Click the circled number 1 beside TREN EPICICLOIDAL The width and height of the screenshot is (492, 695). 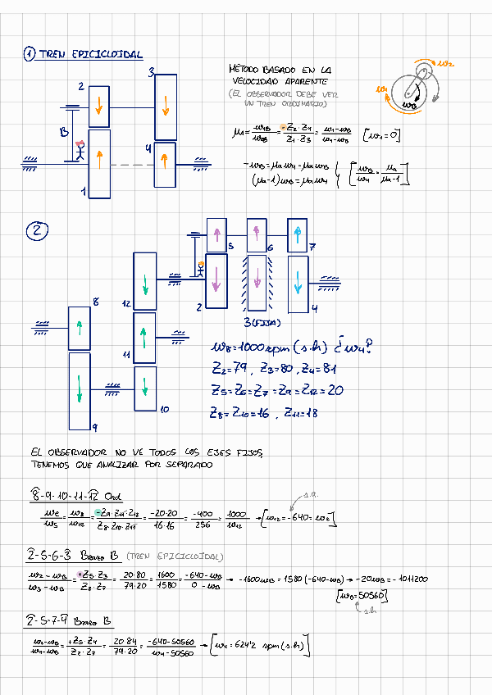tap(30, 55)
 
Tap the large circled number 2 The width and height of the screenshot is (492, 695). tap(37, 232)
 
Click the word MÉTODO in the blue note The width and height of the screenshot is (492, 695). tap(247, 71)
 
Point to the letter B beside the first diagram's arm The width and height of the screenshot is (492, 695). tap(63, 133)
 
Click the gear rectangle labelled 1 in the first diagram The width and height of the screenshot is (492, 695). tap(99, 163)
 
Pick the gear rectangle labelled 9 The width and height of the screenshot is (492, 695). tap(80, 390)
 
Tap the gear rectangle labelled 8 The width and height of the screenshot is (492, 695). tap(79, 329)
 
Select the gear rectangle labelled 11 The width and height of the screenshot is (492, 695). tap(144, 338)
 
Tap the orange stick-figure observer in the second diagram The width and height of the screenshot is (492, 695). tap(199, 268)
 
